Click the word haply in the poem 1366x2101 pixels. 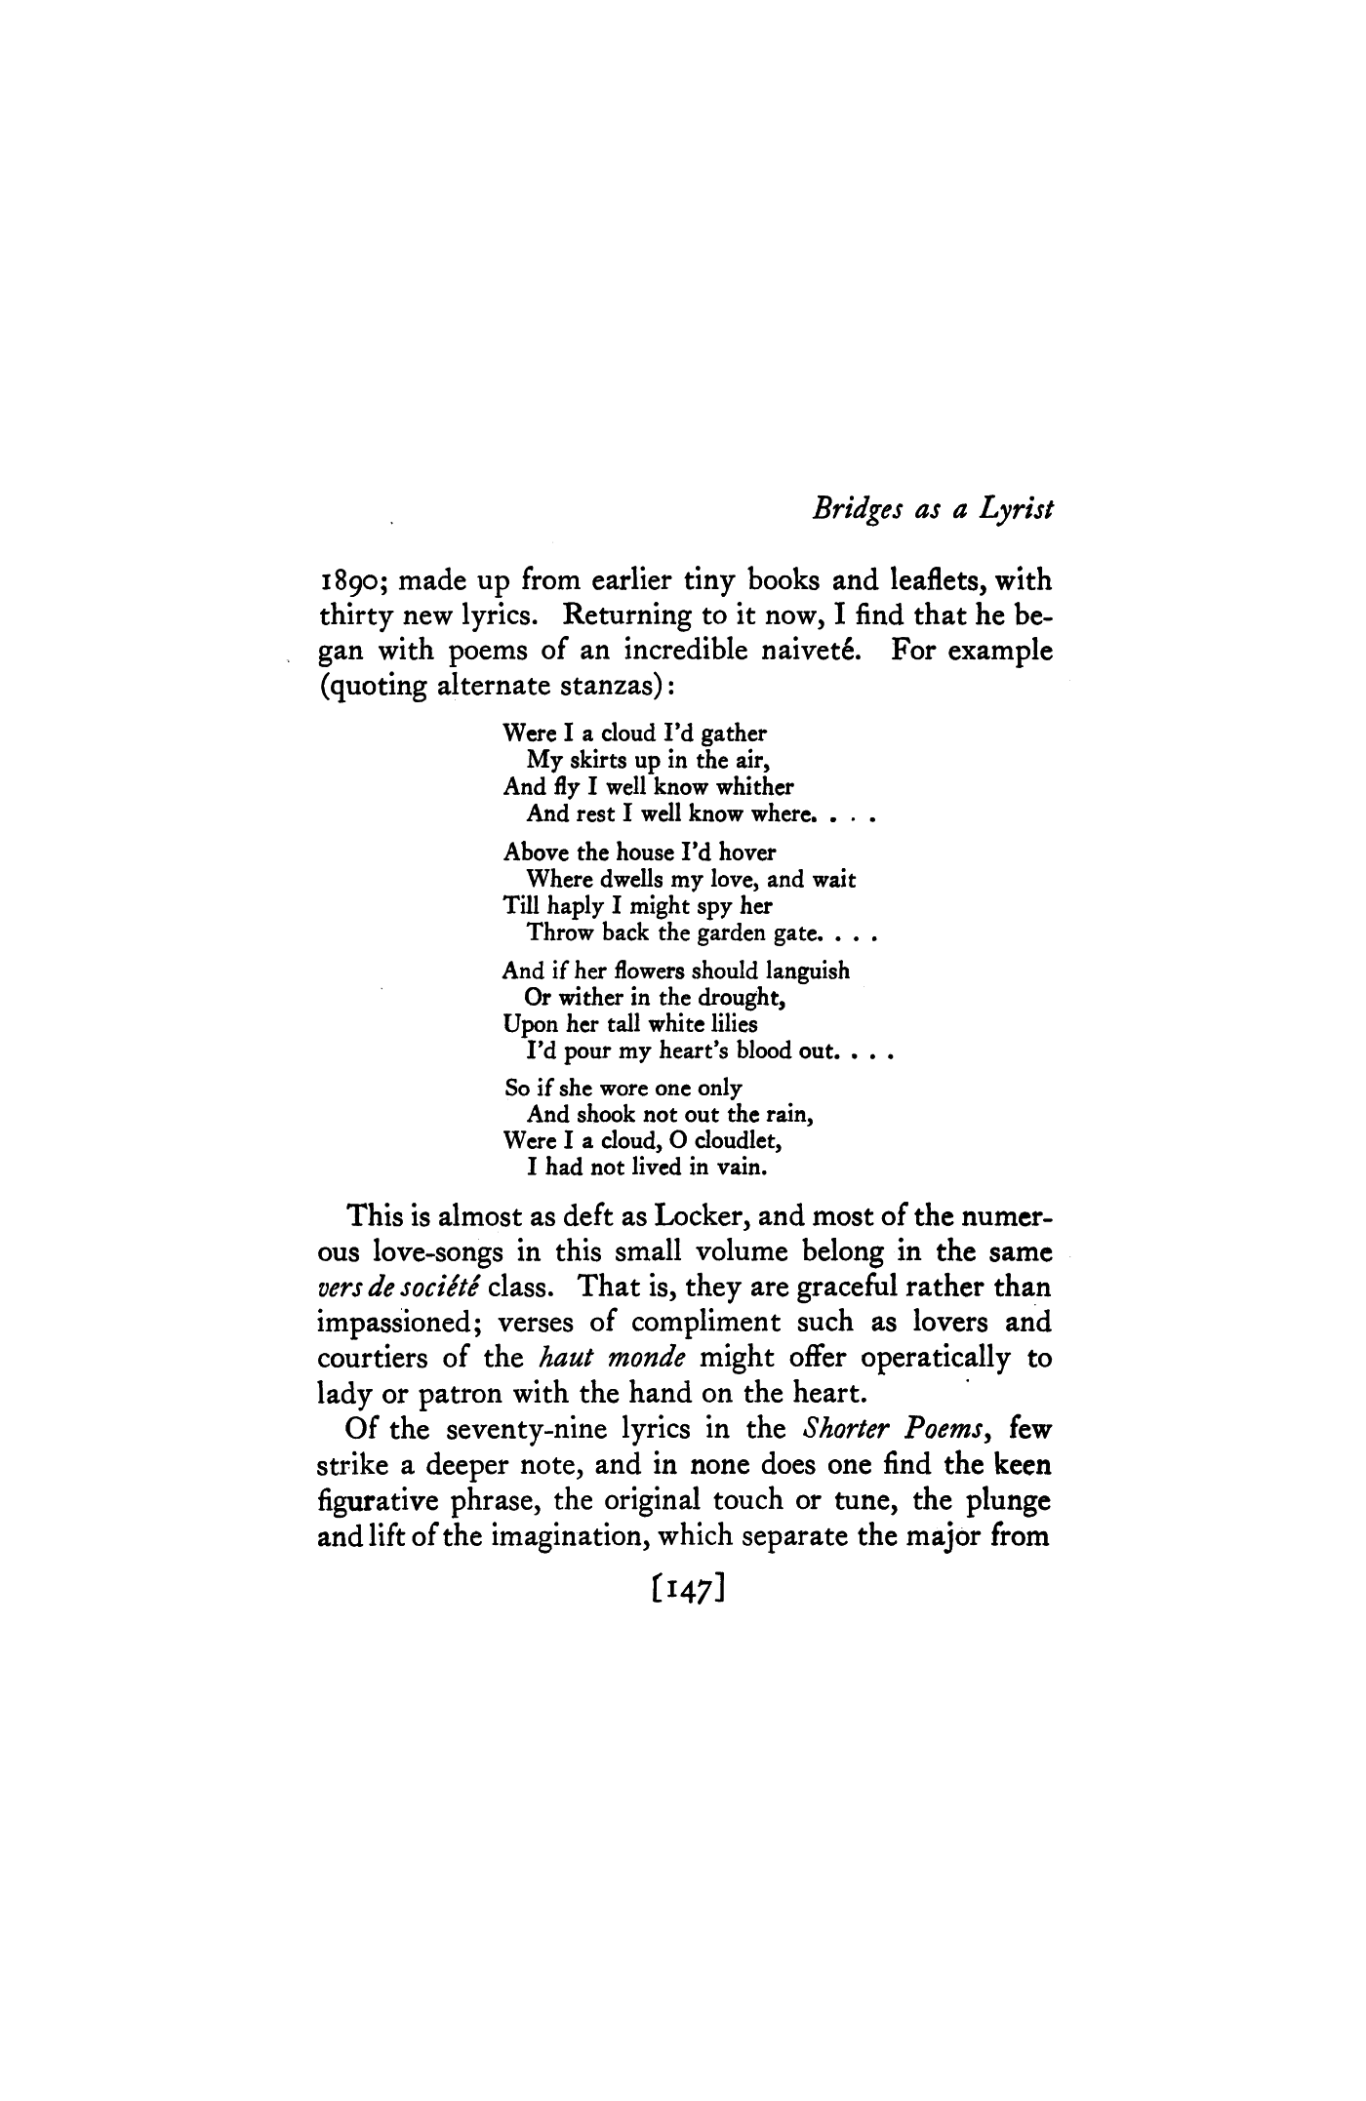coord(575,906)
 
